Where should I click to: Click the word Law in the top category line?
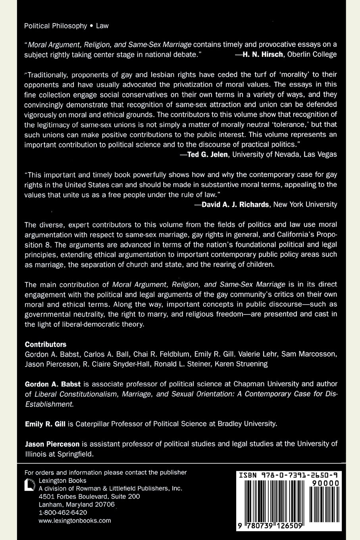(102, 26)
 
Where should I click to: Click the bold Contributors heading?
(46, 344)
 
